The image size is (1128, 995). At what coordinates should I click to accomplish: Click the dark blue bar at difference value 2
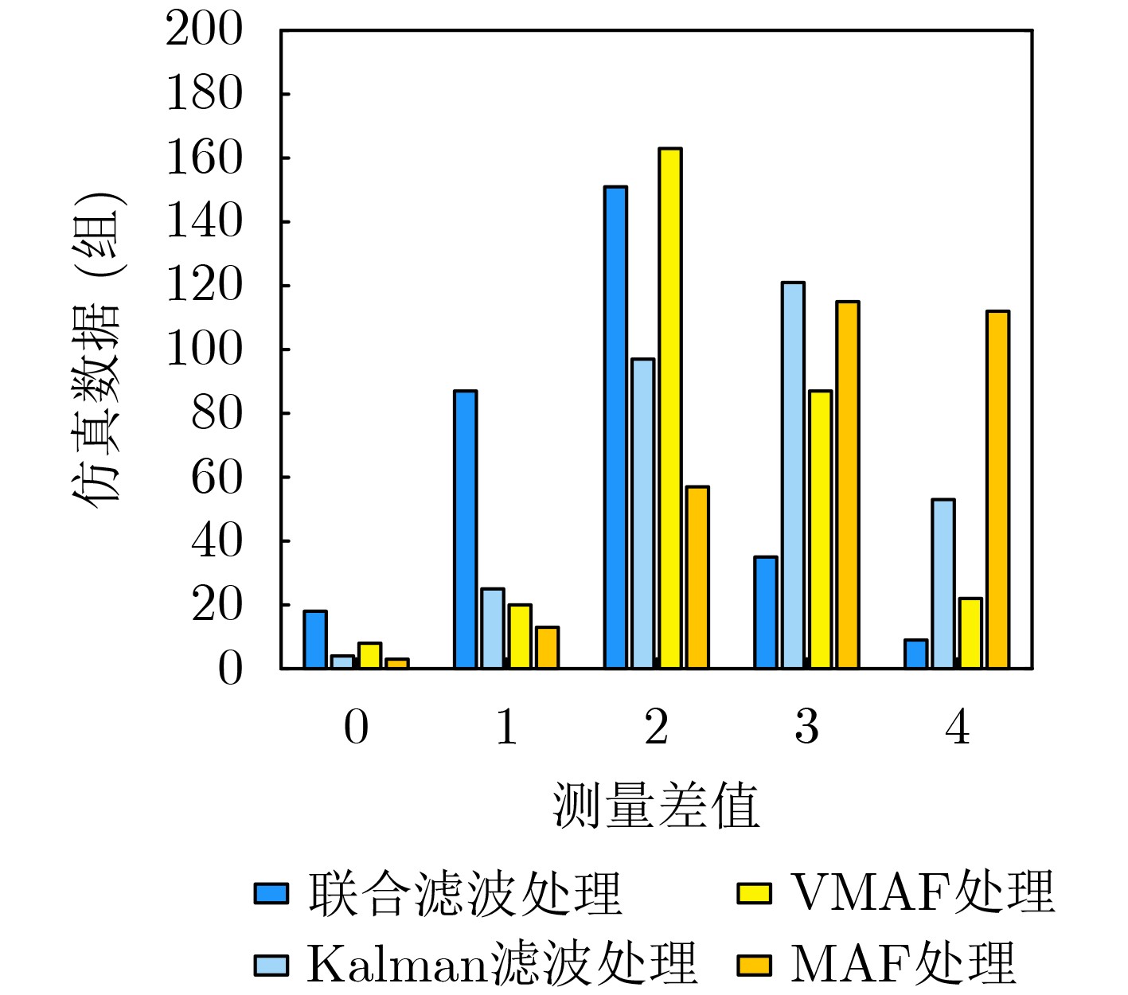pyautogui.click(x=615, y=427)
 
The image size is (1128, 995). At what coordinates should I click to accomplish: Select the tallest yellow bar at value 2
pyautogui.click(x=669, y=408)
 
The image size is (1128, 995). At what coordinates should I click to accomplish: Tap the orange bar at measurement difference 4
pyautogui.click(x=997, y=490)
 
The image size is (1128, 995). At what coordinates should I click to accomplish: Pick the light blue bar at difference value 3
pyautogui.click(x=793, y=475)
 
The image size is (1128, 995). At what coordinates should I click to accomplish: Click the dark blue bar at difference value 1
pyautogui.click(x=465, y=529)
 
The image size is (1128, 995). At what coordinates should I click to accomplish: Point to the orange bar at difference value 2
pyautogui.click(x=697, y=577)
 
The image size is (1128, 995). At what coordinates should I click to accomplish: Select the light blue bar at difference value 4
pyautogui.click(x=943, y=583)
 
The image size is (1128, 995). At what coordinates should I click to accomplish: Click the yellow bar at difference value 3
pyautogui.click(x=820, y=529)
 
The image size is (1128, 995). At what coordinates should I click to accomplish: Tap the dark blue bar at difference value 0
pyautogui.click(x=315, y=639)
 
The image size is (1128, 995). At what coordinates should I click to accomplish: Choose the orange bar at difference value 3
pyautogui.click(x=847, y=485)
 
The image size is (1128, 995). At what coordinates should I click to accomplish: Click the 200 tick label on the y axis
pyautogui.click(x=204, y=30)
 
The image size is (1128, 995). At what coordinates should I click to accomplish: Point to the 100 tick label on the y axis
pyautogui.click(x=204, y=349)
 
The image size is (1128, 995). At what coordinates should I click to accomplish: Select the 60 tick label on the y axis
pyautogui.click(x=217, y=478)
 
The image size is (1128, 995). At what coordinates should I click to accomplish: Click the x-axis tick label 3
pyautogui.click(x=806, y=728)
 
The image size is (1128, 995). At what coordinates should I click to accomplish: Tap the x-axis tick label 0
pyautogui.click(x=356, y=728)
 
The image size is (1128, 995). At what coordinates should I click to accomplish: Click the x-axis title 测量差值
pyautogui.click(x=656, y=806)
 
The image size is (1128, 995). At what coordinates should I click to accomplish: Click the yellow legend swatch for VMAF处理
pyautogui.click(x=754, y=893)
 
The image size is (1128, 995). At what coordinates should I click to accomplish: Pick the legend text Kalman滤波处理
pyautogui.click(x=502, y=965)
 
